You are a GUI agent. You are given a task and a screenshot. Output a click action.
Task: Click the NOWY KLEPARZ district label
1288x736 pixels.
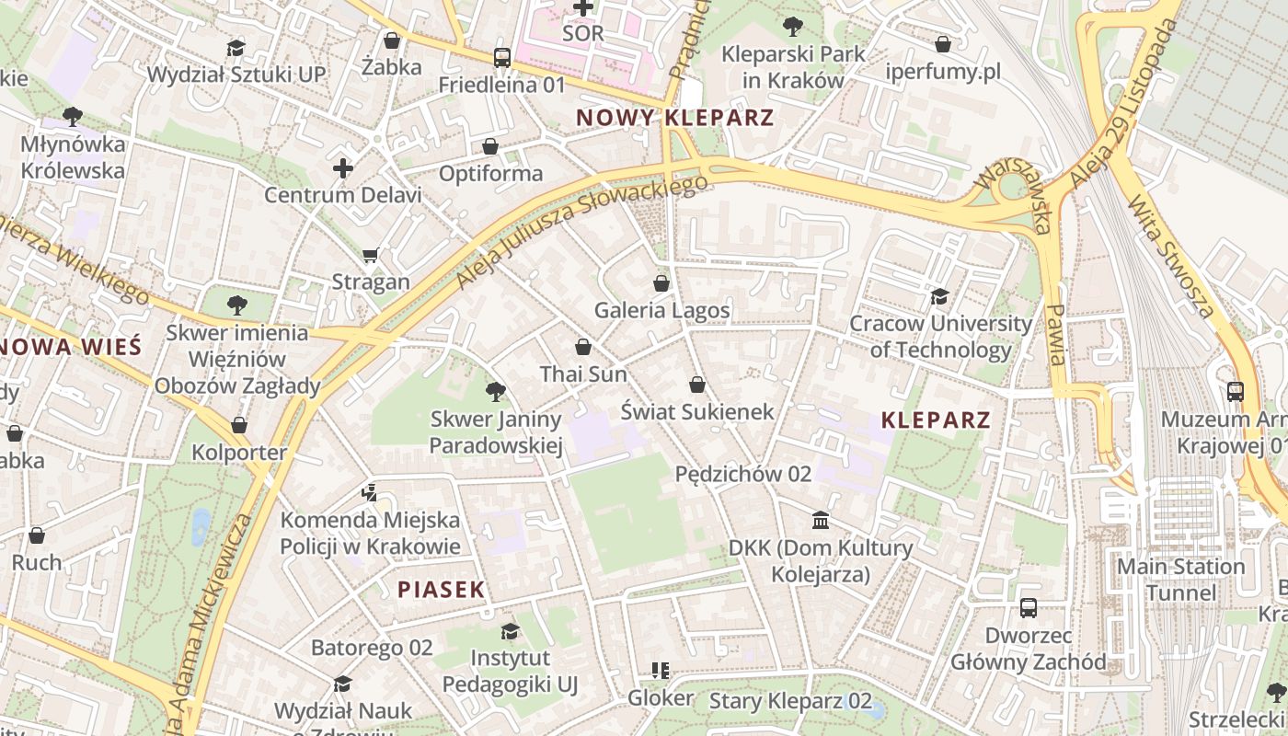674,118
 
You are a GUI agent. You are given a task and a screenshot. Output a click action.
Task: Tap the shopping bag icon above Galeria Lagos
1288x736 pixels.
661,282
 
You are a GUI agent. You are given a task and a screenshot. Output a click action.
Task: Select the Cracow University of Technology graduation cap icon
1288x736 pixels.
939,296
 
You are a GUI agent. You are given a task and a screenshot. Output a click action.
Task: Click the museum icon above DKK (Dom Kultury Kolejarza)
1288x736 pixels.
821,521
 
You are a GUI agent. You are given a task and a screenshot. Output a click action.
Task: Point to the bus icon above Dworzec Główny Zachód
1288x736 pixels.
1028,608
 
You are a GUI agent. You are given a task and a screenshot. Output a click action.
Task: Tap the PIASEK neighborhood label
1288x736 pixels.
441,590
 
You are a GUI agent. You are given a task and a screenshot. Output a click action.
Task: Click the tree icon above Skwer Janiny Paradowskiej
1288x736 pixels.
495,392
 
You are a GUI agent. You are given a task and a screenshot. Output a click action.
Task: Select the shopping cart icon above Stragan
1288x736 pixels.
371,255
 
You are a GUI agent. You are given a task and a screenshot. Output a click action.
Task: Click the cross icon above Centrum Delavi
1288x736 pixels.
342,167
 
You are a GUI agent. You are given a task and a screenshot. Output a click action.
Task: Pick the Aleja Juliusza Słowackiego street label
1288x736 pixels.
582,232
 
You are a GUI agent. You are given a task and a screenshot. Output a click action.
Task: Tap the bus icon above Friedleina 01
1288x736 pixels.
501,58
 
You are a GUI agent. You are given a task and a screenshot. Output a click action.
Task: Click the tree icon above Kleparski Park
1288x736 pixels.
791,27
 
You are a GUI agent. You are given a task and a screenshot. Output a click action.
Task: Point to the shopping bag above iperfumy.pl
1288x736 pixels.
943,43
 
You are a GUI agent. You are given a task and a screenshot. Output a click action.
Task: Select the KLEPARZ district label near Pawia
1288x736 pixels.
936,420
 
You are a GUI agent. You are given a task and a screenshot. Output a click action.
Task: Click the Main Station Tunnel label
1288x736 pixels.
1180,579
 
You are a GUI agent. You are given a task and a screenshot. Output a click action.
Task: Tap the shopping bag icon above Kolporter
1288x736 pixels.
239,425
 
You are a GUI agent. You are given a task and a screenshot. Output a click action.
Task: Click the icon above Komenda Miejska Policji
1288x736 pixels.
370,492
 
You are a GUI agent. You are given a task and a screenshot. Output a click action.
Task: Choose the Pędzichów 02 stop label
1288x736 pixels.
743,474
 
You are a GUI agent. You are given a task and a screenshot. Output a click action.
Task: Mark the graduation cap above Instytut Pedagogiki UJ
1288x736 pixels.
509,631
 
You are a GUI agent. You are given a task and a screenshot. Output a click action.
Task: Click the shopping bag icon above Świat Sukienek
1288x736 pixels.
696,384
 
